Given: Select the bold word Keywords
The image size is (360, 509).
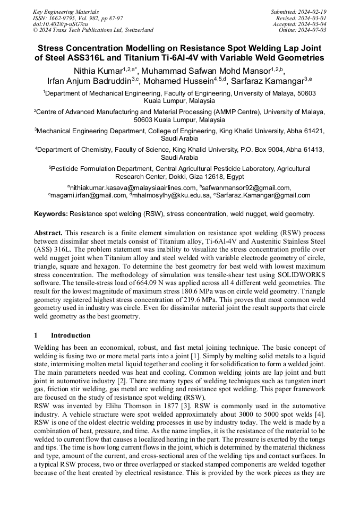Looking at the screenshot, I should pyautogui.click(x=50, y=214).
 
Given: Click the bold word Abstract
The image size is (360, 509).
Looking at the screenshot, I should pyautogui.click(x=48, y=233).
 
